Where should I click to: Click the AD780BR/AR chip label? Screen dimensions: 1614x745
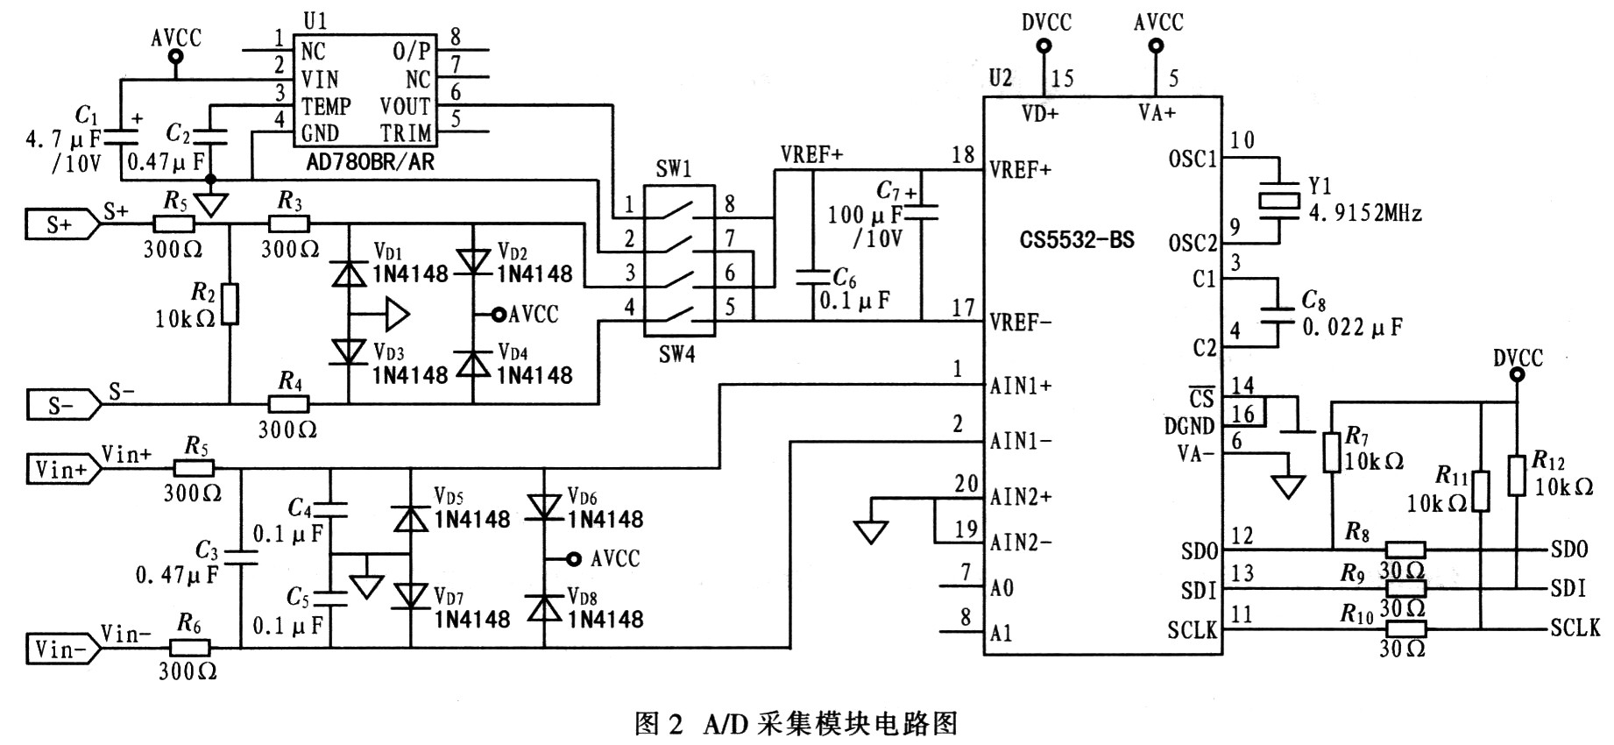click(x=370, y=162)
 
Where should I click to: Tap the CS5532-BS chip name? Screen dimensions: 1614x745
click(x=1076, y=240)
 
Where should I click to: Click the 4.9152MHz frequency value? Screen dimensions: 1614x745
click(x=1365, y=213)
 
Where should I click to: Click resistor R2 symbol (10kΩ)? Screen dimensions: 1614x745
click(x=230, y=304)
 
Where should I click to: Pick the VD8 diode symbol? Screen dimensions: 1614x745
click(x=544, y=607)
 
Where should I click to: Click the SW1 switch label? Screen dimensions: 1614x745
click(x=674, y=169)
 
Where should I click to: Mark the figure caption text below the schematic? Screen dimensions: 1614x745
click(x=796, y=724)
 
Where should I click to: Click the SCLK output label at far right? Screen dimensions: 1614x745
click(x=1575, y=628)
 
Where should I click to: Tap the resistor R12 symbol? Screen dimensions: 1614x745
click(x=1516, y=476)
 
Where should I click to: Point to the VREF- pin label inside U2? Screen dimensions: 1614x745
click(x=1021, y=322)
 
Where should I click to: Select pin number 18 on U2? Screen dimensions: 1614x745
click(x=963, y=155)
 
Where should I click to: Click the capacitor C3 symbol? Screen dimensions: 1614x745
click(x=241, y=557)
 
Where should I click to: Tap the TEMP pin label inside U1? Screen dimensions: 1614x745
click(x=326, y=106)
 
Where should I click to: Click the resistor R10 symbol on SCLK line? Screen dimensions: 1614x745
click(x=1405, y=628)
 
